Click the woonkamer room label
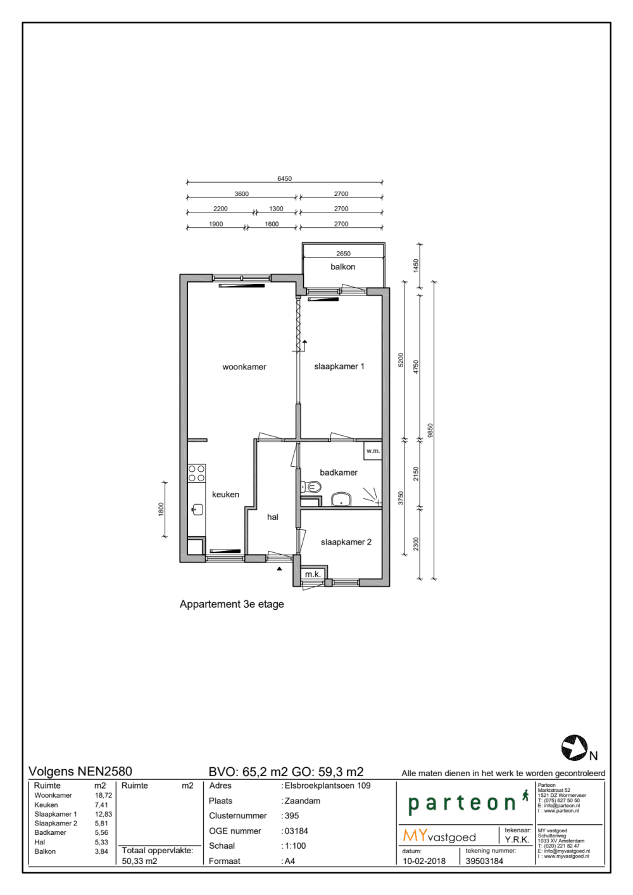(x=244, y=367)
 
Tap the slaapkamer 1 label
(x=339, y=366)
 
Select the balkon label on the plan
(x=342, y=267)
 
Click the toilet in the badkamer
(x=311, y=486)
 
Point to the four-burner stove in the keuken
(x=196, y=473)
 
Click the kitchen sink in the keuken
(x=197, y=509)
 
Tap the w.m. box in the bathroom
(x=373, y=451)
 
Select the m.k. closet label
(x=313, y=574)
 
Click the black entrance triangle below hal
(x=280, y=568)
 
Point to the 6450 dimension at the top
(x=284, y=178)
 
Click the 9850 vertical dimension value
(x=430, y=431)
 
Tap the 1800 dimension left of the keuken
(x=161, y=509)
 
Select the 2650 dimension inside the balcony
(x=343, y=254)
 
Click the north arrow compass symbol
(x=574, y=748)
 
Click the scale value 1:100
(x=295, y=846)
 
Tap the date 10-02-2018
(x=424, y=861)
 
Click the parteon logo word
(x=462, y=803)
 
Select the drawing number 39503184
(x=484, y=861)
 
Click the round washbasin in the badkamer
(x=341, y=499)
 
